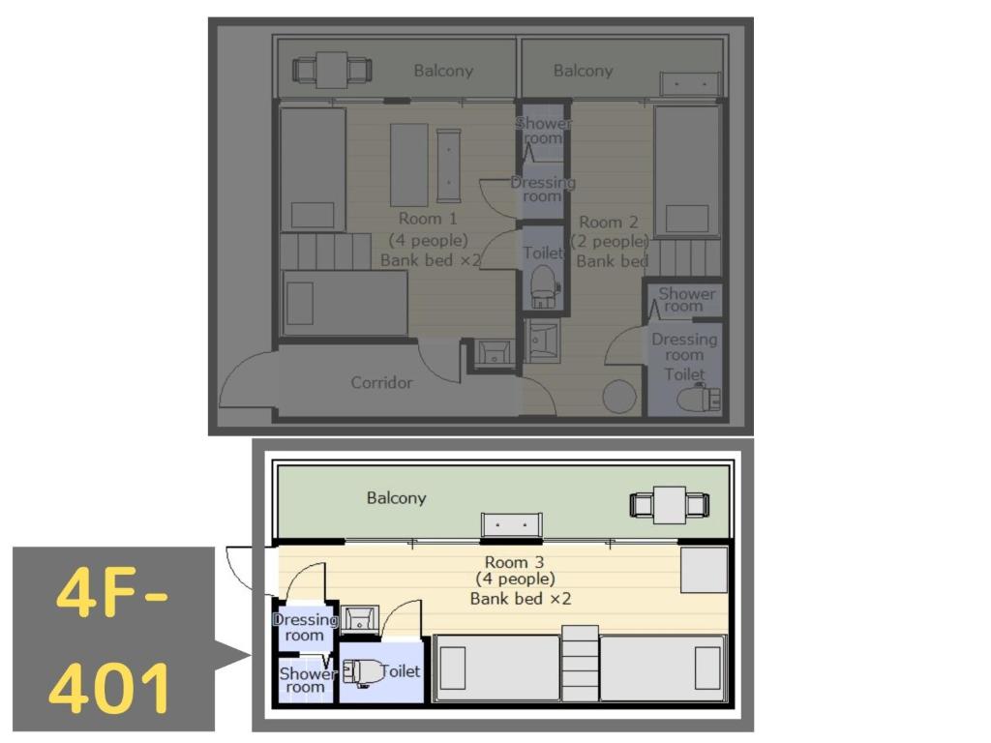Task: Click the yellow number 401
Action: pyautogui.click(x=110, y=688)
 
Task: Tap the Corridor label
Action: pyautogui.click(x=381, y=382)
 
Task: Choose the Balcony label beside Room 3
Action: pyautogui.click(x=396, y=498)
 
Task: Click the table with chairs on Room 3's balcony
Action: pyautogui.click(x=670, y=505)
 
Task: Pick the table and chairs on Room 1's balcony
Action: pyautogui.click(x=332, y=70)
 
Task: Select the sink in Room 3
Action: pyautogui.click(x=359, y=616)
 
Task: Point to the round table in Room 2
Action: pyautogui.click(x=619, y=397)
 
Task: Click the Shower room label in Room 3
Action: pyautogui.click(x=305, y=680)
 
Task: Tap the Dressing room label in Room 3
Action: pyautogui.click(x=304, y=628)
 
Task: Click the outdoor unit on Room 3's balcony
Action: pyautogui.click(x=512, y=524)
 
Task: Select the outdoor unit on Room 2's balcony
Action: pyautogui.click(x=690, y=84)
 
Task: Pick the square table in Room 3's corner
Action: pyautogui.click(x=704, y=569)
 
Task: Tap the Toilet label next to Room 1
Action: pyautogui.click(x=542, y=253)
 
